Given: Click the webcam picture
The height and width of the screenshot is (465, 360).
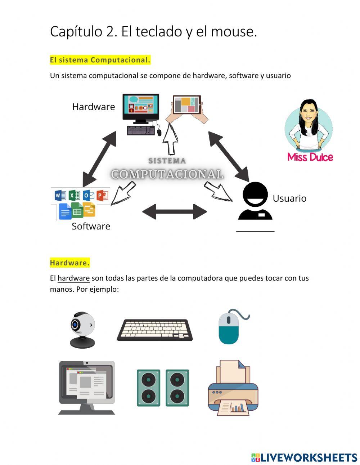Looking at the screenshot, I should pos(82,330).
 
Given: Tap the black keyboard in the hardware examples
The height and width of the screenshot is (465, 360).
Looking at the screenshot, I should pos(155,330).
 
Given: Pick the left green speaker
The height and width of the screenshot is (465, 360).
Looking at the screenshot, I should pos(148,388).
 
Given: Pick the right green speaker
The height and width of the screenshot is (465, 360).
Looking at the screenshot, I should pos(177,388).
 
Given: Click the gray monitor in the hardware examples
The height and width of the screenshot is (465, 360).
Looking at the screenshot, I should pos(87,387).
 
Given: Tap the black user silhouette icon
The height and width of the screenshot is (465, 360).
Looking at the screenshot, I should pos(255,201).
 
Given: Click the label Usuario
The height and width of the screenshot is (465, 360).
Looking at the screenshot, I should pos(289,198).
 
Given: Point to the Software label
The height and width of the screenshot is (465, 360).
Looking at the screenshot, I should pos(91,226).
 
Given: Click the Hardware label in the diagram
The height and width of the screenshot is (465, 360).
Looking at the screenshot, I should pos(93,107).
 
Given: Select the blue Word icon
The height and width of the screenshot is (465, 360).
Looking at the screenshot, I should pos(60,195).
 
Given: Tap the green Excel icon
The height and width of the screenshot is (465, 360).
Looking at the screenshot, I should pos(74,195).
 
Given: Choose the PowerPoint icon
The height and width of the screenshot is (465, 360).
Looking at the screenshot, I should pos(102,195).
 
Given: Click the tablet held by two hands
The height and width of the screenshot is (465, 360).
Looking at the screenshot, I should pos(186,105).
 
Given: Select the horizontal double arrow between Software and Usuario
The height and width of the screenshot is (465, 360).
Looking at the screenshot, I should pos(175,212).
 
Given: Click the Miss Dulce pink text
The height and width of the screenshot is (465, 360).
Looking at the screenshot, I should pos(310,157).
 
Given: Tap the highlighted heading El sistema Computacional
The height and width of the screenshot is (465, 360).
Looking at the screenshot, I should pos(100,60).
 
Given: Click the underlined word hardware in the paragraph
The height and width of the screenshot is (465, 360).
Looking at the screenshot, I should pos(73,278).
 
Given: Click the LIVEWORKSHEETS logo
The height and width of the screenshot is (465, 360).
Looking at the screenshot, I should pos(304,457).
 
